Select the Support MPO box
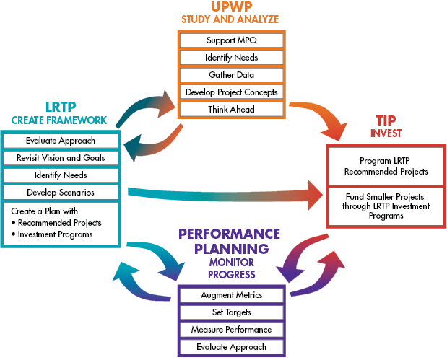tap(231, 40)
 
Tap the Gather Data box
tap(231, 74)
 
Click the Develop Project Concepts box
tap(231, 92)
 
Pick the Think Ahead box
tap(231, 110)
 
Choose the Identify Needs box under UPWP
tap(231, 57)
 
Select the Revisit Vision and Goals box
tap(60, 158)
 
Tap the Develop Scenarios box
tap(60, 193)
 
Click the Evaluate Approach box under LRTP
tap(60, 141)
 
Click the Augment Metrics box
tap(231, 295)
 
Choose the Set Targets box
tap(231, 312)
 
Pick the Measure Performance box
tap(231, 330)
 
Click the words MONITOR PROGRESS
tap(231, 268)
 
